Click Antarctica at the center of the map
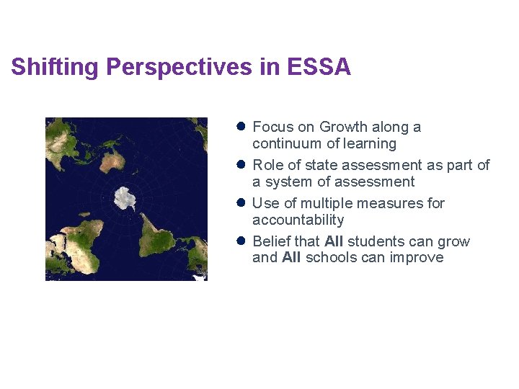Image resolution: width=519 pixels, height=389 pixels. coord(127,198)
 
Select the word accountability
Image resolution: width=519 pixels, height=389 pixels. coord(298,220)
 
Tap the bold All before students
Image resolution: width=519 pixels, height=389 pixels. coord(334,241)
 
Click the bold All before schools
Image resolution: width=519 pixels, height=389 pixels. coord(291,258)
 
